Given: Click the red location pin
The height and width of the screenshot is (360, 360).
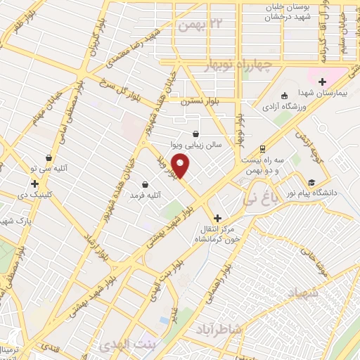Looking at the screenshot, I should pos(181,167).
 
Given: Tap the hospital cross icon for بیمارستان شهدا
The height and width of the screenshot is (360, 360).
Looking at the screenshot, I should pos(323,82).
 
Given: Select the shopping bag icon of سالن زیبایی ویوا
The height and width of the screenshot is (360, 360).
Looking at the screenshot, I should pos(195,134).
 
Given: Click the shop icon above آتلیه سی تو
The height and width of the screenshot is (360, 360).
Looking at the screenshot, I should pos(49,157).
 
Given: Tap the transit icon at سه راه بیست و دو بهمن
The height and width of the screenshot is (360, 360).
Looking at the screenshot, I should pos(262,148).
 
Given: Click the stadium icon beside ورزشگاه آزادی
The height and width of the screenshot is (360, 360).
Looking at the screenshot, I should pos(284,96).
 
